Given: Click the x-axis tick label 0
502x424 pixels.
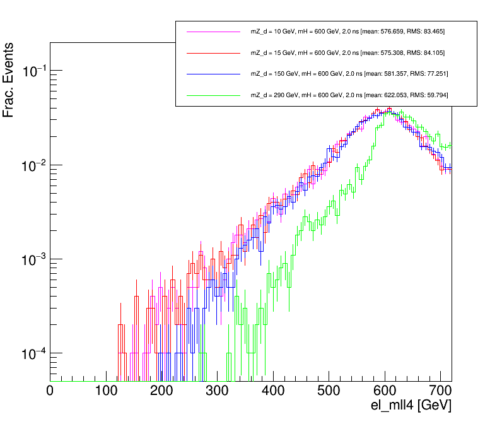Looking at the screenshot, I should click(x=50, y=392).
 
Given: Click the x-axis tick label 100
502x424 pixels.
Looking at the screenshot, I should click(x=106, y=392).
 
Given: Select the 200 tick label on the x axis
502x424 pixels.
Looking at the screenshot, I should click(x=161, y=392).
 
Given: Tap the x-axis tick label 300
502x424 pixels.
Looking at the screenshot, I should click(x=217, y=392).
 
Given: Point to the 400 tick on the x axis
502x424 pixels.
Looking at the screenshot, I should click(x=273, y=392).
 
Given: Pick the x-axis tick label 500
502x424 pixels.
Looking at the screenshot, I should click(x=329, y=392).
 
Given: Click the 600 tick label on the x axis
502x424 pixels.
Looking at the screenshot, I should click(x=384, y=392).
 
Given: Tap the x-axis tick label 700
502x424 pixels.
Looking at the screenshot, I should click(x=440, y=392).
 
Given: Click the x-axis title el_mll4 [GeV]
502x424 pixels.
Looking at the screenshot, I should click(x=411, y=406).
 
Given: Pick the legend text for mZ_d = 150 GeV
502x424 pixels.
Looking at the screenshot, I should click(x=349, y=74).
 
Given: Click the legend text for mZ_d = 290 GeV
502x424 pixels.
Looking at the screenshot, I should click(x=349, y=95).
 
